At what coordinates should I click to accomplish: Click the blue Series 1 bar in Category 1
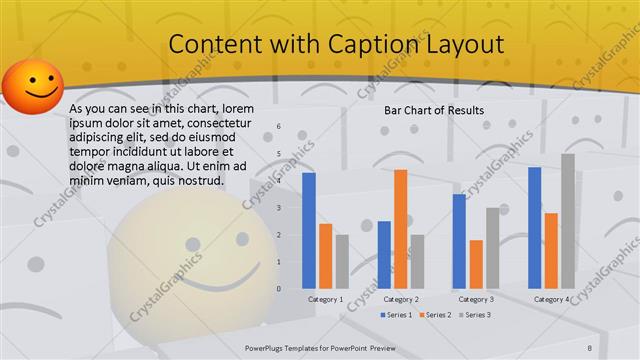pyautogui.click(x=309, y=230)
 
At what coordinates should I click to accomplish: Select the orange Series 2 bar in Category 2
pyautogui.click(x=372, y=228)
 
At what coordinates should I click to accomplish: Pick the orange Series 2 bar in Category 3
pyautogui.click(x=476, y=263)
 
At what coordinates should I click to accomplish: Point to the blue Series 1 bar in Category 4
pyautogui.click(x=534, y=227)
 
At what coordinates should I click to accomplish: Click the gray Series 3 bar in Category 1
pyautogui.click(x=342, y=261)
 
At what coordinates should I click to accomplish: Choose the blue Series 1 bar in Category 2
pyautogui.click(x=356, y=254)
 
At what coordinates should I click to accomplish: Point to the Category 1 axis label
pyautogui.click(x=326, y=299)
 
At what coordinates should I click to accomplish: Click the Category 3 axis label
pyautogui.click(x=476, y=299)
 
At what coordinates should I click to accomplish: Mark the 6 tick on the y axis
pyautogui.click(x=279, y=127)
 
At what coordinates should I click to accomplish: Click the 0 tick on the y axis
pyautogui.click(x=279, y=288)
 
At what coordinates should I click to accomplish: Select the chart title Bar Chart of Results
pyautogui.click(x=434, y=110)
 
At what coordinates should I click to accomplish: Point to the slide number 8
pyautogui.click(x=617, y=347)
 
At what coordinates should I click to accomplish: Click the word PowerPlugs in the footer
pyautogui.click(x=264, y=347)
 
